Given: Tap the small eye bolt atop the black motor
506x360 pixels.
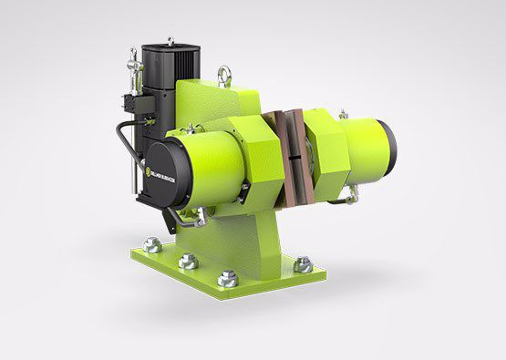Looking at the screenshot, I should pyautogui.click(x=170, y=41).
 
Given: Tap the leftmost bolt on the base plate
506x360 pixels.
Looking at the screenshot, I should pyautogui.click(x=152, y=245).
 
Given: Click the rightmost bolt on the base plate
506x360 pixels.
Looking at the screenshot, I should pyautogui.click(x=302, y=265).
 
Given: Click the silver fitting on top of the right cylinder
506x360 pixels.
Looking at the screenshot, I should pyautogui.click(x=343, y=114).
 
